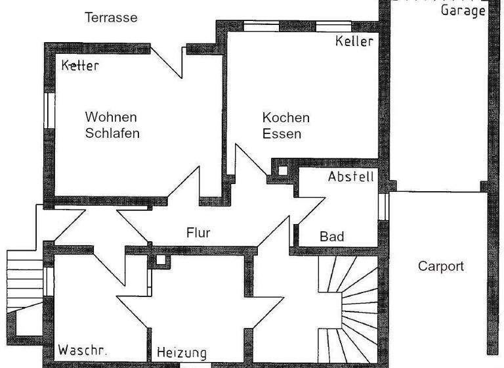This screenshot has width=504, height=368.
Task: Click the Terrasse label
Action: click(x=111, y=17)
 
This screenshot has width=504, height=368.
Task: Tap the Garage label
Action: click(x=463, y=10)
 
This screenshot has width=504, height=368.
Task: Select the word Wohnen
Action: click(x=111, y=117)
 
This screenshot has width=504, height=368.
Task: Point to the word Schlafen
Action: click(x=112, y=133)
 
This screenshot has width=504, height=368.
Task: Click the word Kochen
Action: click(x=285, y=118)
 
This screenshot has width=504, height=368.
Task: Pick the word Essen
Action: click(x=282, y=134)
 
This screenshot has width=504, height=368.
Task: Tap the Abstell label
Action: click(x=351, y=177)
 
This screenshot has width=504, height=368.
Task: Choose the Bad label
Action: click(x=331, y=237)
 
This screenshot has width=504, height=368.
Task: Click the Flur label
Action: click(x=198, y=233)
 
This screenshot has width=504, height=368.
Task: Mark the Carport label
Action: click(x=441, y=266)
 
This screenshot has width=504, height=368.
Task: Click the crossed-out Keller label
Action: click(x=80, y=66)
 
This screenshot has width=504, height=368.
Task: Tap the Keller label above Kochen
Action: click(x=354, y=41)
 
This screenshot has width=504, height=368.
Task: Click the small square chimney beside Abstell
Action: click(x=282, y=170)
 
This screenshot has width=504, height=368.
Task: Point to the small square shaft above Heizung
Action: click(x=159, y=259)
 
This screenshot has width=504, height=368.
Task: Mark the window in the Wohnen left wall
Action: click(x=49, y=110)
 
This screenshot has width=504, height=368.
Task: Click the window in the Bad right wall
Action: click(x=385, y=206)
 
